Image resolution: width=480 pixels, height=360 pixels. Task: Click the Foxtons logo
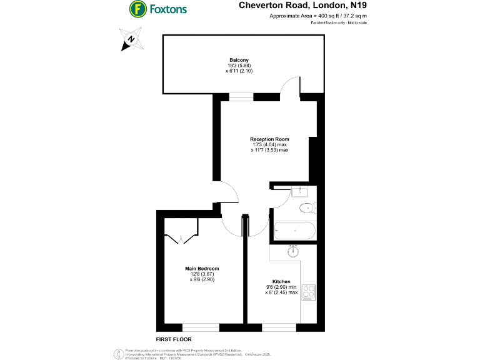(158, 9)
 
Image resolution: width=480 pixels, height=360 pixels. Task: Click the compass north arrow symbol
(130, 40)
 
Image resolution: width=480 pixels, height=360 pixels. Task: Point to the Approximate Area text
(317, 16)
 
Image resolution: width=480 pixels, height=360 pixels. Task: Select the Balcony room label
(239, 60)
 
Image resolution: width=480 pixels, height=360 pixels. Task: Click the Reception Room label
(269, 139)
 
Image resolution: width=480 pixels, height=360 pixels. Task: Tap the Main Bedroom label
(201, 268)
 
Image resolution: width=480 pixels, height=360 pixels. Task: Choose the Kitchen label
(281, 281)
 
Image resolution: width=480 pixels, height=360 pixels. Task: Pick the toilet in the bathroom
(307, 208)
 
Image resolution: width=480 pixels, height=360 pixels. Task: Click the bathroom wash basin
(302, 191)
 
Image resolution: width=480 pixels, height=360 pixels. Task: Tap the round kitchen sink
(293, 252)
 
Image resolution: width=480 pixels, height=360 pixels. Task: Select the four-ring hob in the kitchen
(309, 291)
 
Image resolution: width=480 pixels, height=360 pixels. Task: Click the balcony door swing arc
(289, 87)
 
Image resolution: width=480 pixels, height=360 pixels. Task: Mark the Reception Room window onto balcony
(241, 97)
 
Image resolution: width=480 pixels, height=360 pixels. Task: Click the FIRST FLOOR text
(173, 339)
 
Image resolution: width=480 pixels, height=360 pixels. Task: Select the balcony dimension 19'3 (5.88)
(239, 66)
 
